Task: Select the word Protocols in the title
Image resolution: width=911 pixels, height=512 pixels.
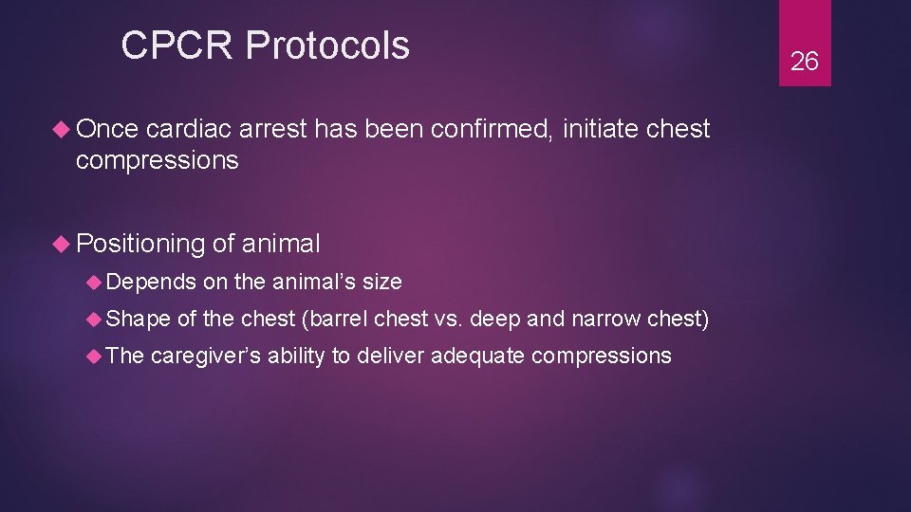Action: point(327,46)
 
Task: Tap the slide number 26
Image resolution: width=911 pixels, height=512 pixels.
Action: point(804,62)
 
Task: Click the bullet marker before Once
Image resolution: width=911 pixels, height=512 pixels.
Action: point(64,130)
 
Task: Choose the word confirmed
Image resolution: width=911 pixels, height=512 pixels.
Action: point(492,129)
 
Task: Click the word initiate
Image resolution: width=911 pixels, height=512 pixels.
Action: point(599,129)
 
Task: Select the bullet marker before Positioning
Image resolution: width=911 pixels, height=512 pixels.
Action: point(64,245)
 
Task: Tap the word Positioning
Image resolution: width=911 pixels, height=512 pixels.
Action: point(140,245)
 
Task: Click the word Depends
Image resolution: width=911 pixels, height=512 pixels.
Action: point(151,282)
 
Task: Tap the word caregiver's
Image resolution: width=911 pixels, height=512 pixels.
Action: point(205,357)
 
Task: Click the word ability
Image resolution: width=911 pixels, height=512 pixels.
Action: point(297,357)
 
